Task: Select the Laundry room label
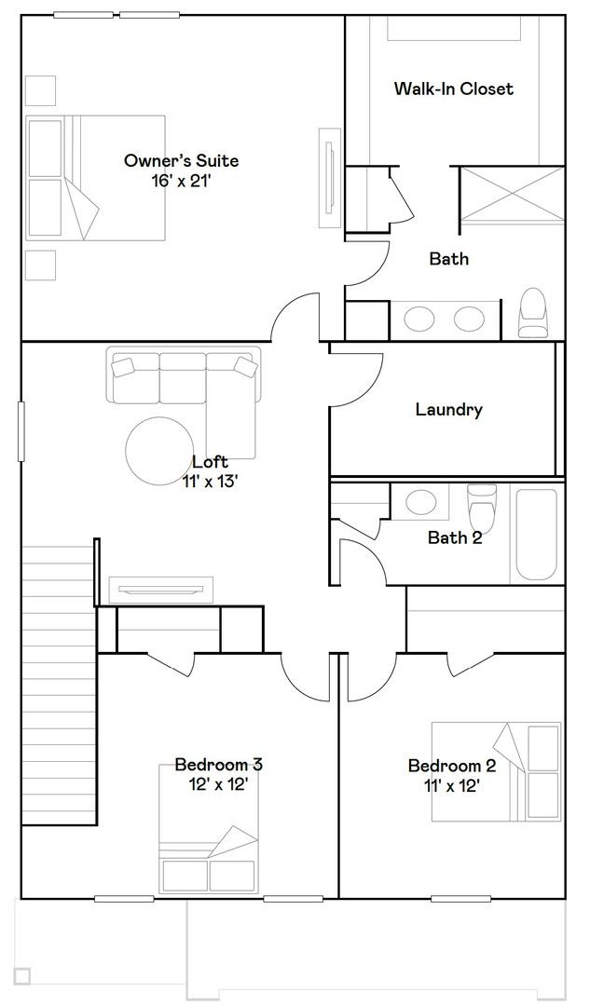(x=448, y=410)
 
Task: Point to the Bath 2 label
(x=454, y=537)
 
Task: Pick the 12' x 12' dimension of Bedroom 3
(x=218, y=785)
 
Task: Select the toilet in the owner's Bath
(x=533, y=313)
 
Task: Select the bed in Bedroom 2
(x=497, y=770)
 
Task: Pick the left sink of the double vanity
(x=419, y=319)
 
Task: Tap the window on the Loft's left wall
(x=20, y=430)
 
